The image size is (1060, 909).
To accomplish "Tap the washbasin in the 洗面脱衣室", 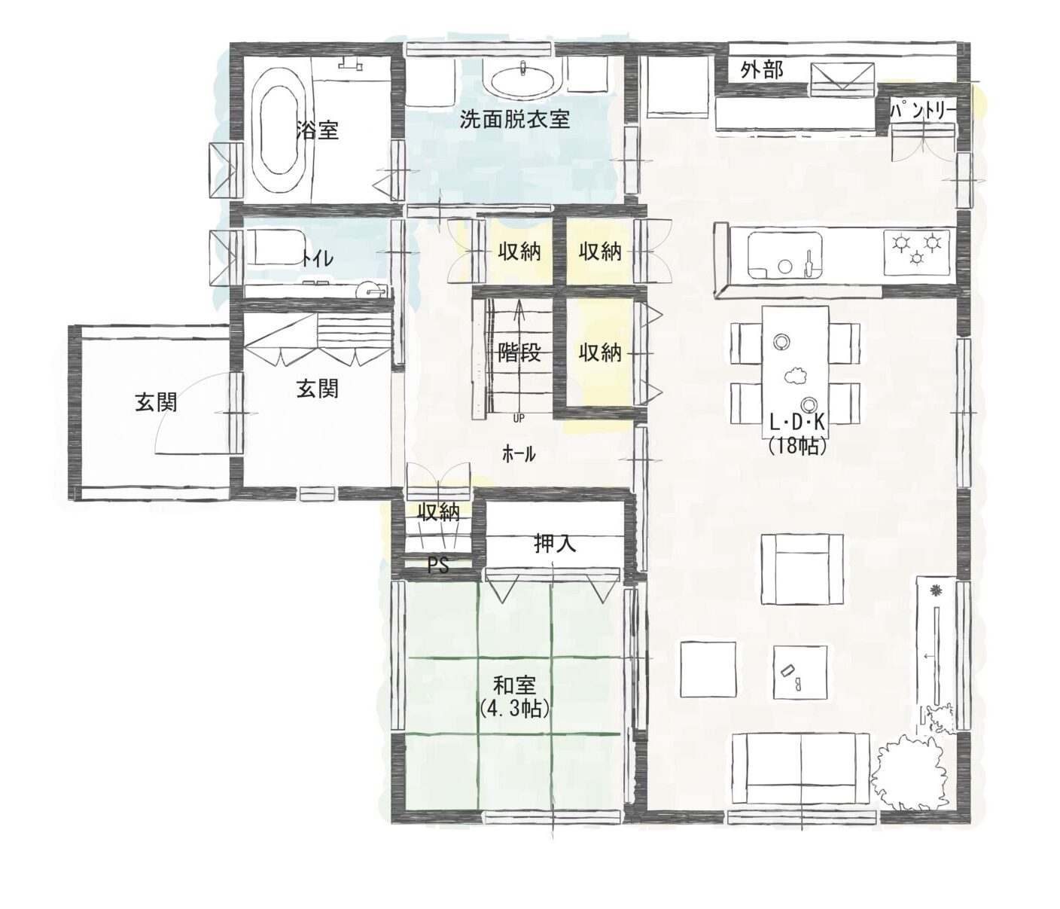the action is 522,81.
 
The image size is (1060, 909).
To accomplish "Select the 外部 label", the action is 762,70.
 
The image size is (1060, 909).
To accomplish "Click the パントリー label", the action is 922,111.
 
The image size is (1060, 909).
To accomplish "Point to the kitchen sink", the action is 785,255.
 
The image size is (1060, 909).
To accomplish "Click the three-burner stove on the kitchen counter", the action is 916,249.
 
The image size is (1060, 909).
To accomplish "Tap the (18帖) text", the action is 797,446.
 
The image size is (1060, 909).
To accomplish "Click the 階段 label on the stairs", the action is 519,353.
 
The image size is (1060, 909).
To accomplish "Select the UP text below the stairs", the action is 519,418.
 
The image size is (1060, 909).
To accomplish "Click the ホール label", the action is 519,453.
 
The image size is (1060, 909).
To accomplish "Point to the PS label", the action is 438,565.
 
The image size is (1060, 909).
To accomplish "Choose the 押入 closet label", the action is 555,543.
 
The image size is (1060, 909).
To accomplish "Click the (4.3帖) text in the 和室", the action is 515,709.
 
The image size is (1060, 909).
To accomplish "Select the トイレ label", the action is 318,258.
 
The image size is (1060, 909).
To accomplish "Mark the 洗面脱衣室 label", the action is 514,120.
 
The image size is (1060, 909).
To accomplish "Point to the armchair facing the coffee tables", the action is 802,569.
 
